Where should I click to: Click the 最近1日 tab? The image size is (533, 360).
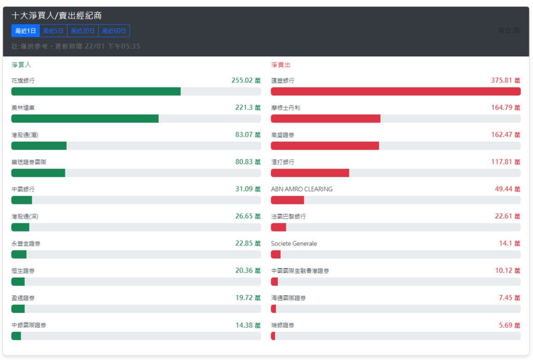[x=26, y=31]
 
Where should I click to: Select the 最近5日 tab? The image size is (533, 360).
[x=53, y=31]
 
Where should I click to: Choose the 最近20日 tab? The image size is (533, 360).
[x=83, y=31]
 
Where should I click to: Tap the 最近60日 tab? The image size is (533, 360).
[x=114, y=31]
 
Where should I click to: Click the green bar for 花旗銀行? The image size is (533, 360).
[x=96, y=92]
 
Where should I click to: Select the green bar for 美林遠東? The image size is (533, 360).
[x=85, y=119]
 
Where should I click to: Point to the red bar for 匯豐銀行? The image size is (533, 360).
[x=395, y=92]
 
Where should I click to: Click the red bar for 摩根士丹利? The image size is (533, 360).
[x=325, y=119]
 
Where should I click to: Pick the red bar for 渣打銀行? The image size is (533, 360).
[x=310, y=173]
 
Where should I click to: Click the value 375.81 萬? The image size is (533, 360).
[x=505, y=81]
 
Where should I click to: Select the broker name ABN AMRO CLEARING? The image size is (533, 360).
[x=301, y=189]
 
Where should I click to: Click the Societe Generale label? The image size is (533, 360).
[x=294, y=244]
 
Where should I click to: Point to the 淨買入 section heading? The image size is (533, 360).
[x=21, y=65]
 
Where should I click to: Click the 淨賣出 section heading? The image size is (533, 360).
[x=281, y=65]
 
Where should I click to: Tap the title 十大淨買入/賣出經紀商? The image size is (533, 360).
[x=57, y=16]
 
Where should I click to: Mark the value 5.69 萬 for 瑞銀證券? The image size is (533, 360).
[x=510, y=325]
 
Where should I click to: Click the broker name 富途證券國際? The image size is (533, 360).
[x=29, y=162]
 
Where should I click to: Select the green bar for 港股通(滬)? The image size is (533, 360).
[x=39, y=146]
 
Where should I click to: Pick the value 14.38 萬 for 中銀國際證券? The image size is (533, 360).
[x=248, y=325]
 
